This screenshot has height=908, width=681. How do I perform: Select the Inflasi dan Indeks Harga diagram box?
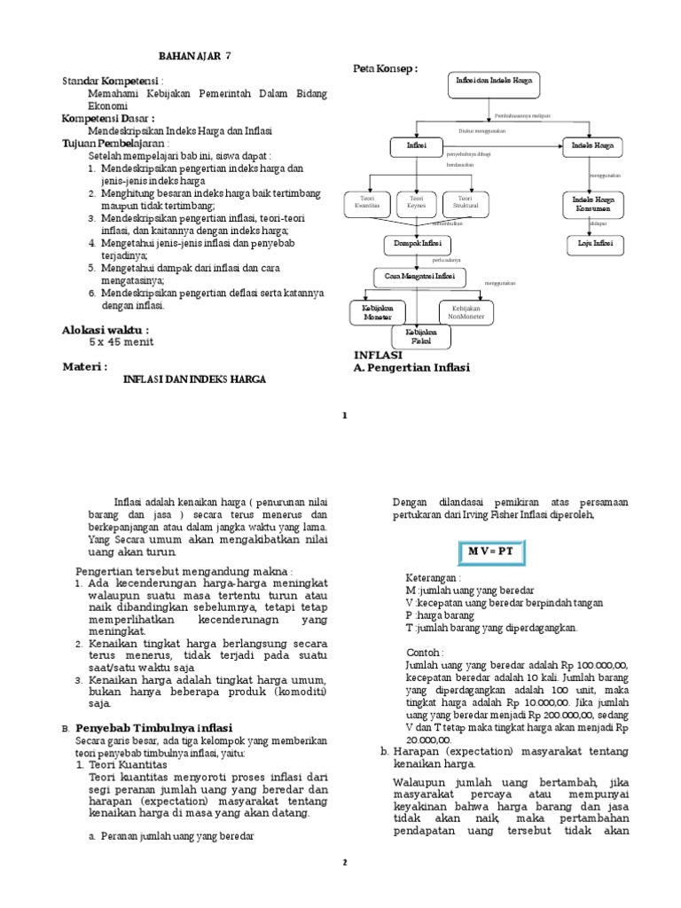click(493, 85)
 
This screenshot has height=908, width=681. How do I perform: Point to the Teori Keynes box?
click(418, 202)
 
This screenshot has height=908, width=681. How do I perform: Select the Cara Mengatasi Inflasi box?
click(419, 277)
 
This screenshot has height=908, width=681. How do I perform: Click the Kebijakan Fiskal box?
click(421, 336)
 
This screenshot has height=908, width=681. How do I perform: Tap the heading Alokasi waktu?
click(106, 329)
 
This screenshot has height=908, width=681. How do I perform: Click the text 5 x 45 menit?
click(120, 341)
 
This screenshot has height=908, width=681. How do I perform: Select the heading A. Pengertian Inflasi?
click(411, 367)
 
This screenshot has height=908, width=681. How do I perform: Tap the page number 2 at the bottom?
click(346, 861)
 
